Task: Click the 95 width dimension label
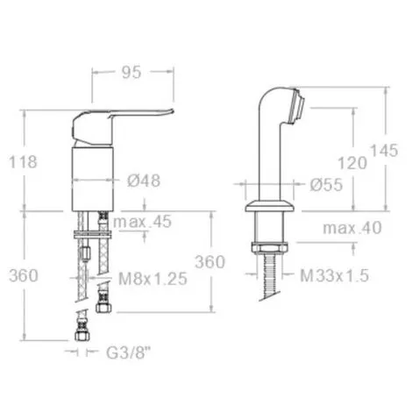[131, 72]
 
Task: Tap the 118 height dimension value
[24, 162]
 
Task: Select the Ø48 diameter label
[144, 181]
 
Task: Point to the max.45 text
[142, 222]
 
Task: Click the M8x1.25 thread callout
[153, 279]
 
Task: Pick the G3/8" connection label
[128, 352]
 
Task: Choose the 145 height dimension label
[384, 151]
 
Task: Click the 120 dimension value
[352, 163]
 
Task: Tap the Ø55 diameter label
[326, 185]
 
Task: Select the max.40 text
[352, 228]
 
